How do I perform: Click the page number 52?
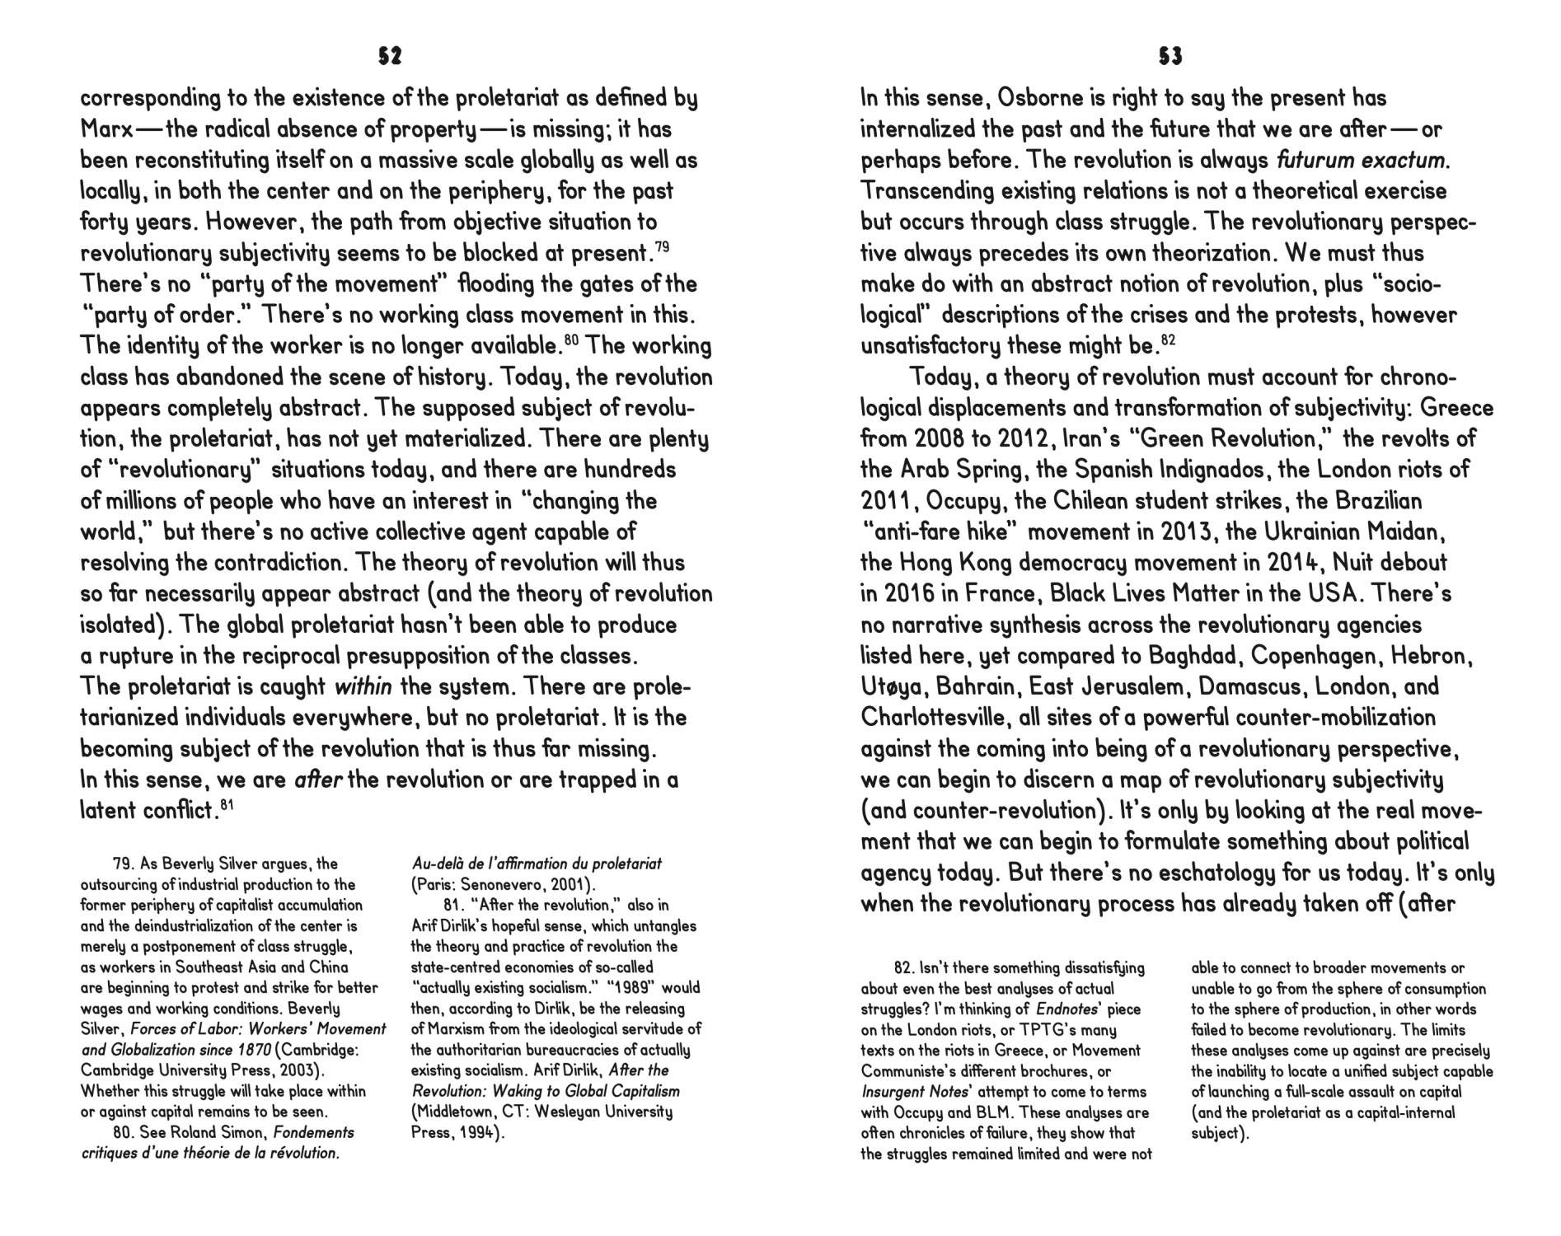390,56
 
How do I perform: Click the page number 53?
1170,56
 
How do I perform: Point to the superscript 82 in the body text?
1167,339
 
